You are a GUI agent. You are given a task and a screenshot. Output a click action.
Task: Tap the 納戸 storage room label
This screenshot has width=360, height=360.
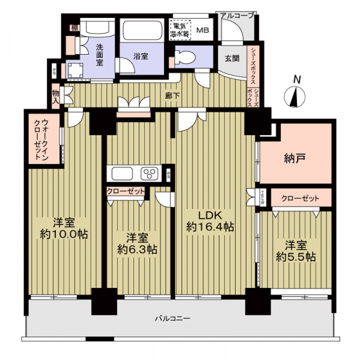click(295, 160)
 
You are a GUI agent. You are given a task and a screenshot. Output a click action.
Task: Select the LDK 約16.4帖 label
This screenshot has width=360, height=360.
click(209, 221)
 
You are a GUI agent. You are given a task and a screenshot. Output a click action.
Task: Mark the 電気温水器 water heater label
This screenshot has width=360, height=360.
click(180, 30)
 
